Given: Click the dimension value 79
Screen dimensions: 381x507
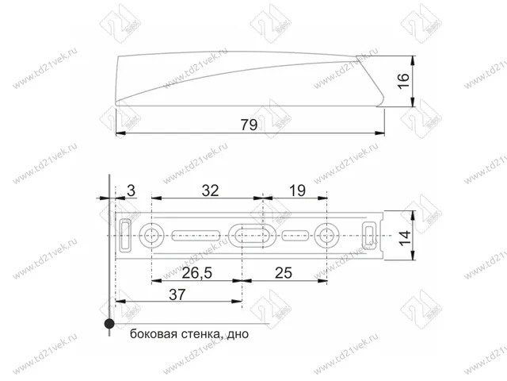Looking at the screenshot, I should (249, 124).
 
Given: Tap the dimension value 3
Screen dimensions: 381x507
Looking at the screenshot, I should (132, 190).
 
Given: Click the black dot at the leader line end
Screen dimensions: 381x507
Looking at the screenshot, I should (108, 324).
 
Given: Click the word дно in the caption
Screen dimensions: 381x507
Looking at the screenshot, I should (236, 334).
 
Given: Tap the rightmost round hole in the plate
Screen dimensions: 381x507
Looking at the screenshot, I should (326, 235).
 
